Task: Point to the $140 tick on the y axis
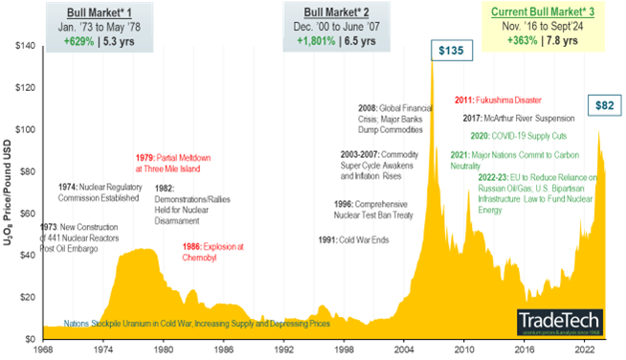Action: click(19, 46)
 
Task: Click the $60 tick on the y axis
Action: click(21, 214)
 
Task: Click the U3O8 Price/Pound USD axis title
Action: click(8, 191)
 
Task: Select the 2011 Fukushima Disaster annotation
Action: click(499, 100)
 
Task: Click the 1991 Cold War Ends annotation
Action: click(353, 239)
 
